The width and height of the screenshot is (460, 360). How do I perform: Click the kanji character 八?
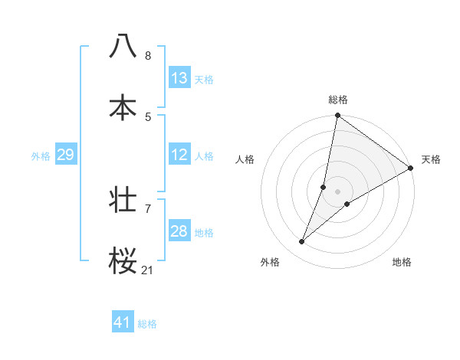(x=123, y=46)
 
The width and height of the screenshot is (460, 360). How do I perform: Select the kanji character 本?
(x=123, y=108)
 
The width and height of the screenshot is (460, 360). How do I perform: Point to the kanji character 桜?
(x=123, y=261)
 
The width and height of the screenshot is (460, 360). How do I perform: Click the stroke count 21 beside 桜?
(x=148, y=270)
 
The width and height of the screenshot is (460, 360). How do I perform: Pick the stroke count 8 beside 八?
(x=148, y=55)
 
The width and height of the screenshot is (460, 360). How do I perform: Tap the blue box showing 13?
(x=179, y=78)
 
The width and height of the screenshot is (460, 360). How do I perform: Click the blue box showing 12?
(x=179, y=155)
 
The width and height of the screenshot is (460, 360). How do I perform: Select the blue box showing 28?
(x=179, y=231)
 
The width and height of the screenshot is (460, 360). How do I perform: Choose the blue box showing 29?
(x=65, y=155)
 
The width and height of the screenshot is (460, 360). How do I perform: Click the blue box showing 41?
(x=123, y=322)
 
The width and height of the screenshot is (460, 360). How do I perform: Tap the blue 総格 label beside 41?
(x=147, y=324)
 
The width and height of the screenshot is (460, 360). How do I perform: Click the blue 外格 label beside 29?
(x=41, y=156)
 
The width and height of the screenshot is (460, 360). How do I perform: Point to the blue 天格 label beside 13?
(x=204, y=80)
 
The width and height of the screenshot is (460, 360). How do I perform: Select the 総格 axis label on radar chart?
(x=338, y=100)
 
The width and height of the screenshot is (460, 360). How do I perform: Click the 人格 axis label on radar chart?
(x=245, y=159)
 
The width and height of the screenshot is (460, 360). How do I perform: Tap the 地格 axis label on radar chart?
(x=402, y=262)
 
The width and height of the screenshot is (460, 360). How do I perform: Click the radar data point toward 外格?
(x=302, y=242)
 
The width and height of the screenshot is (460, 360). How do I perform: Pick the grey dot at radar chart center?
(x=338, y=191)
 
